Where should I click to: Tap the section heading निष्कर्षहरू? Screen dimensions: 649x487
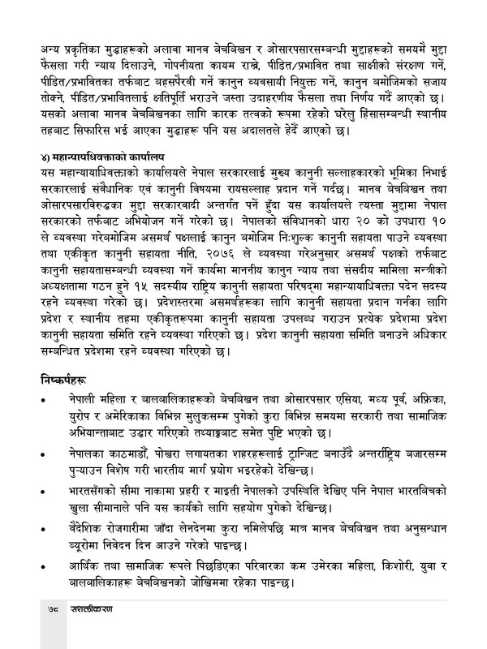(x=71, y=379)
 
